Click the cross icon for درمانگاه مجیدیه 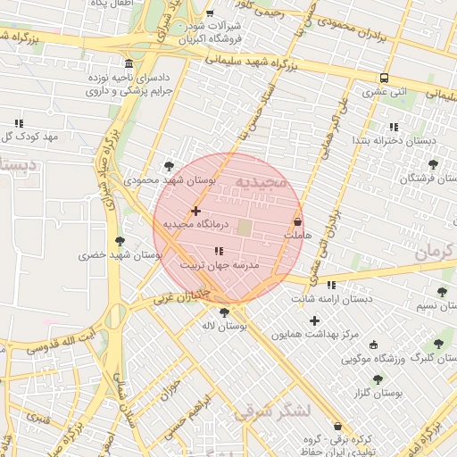pos(196,211)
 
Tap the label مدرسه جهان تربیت pos(219,266)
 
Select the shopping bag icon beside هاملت pos(297,221)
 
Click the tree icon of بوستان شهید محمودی pos(170,165)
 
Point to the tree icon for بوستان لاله pos(223,312)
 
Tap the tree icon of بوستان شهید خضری pos(120,240)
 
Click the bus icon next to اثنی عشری pos(384,78)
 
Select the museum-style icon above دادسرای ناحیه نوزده pos(129,64)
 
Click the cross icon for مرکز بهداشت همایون pos(314,320)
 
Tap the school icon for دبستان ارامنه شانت pos(332,285)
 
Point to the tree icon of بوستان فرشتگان pos(434,164)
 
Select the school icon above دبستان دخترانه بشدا pos(394,127)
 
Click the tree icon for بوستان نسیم pos(442,292)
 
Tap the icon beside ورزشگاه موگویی pos(373,345)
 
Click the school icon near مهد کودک pos(18,123)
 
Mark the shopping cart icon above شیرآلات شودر pos(210,14)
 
